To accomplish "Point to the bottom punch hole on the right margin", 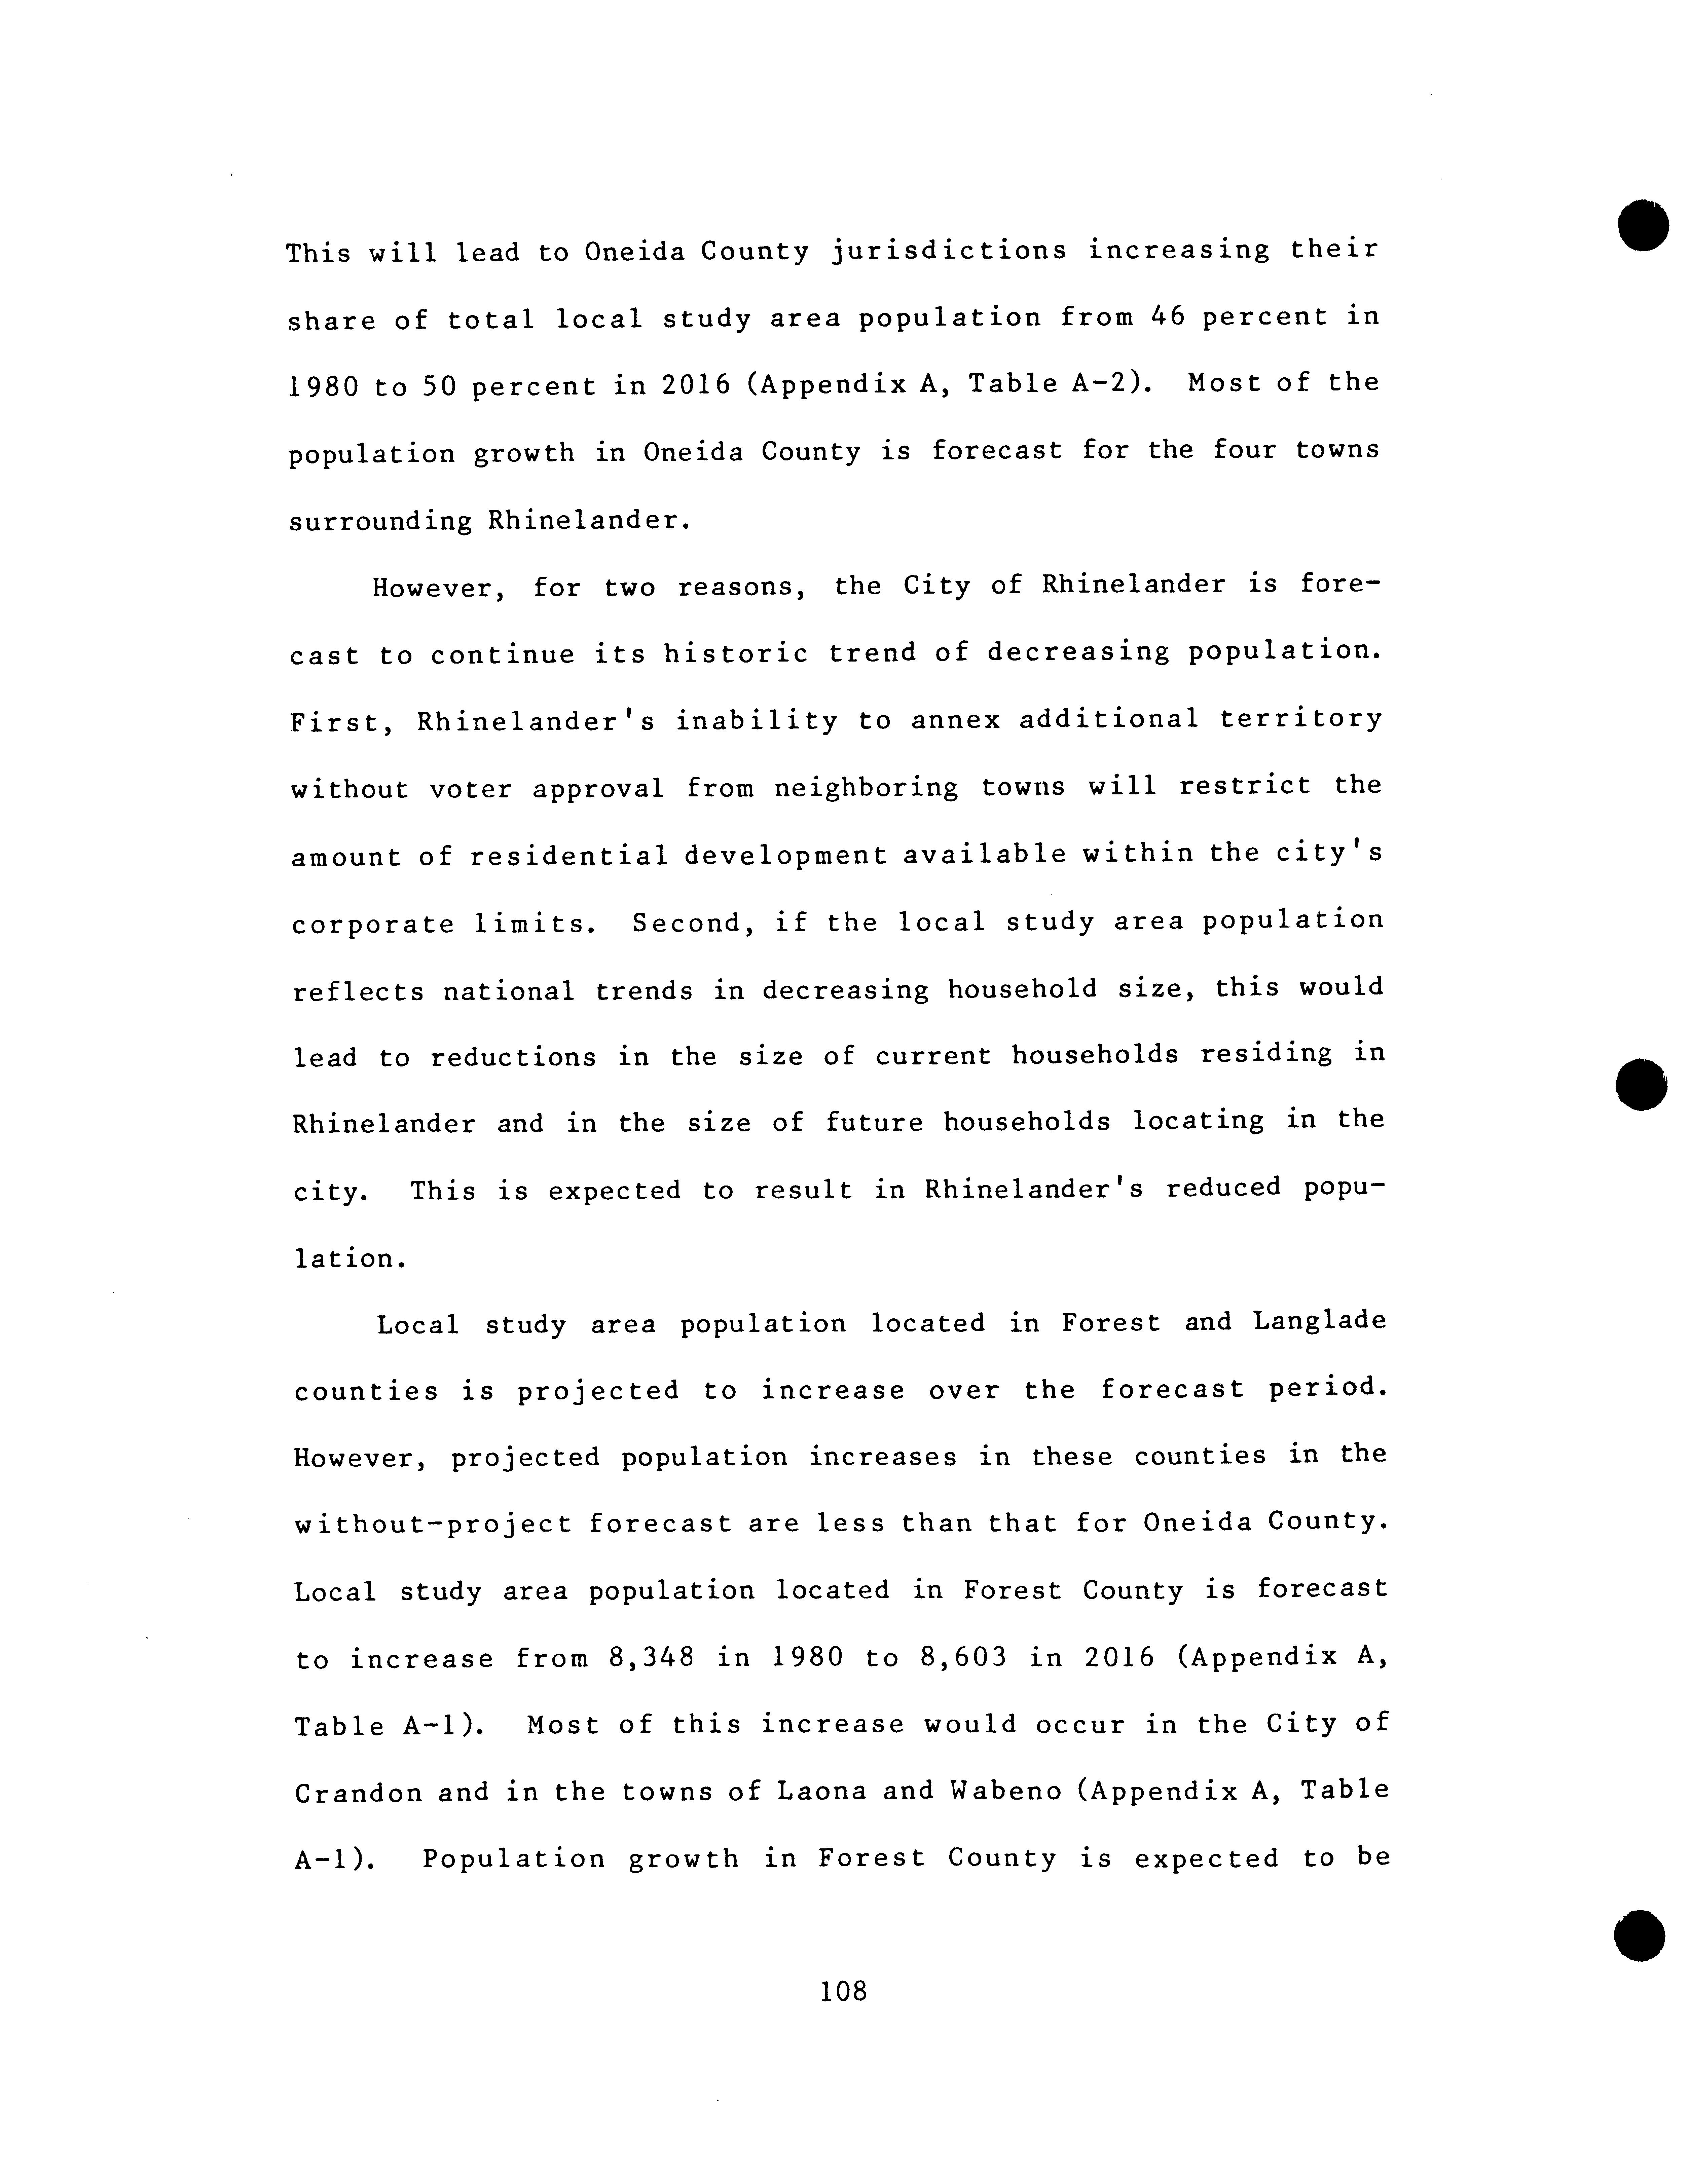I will (1639, 1935).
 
